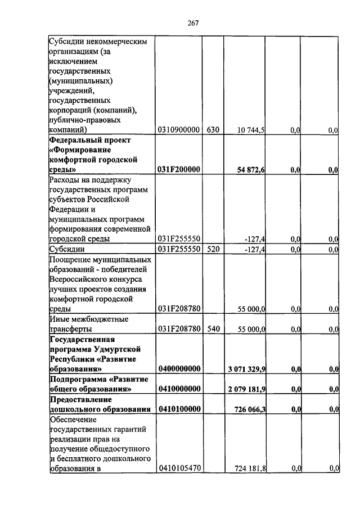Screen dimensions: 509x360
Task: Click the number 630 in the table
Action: (x=213, y=130)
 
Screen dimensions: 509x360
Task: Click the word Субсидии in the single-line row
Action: (x=67, y=249)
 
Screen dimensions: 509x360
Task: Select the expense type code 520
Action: (x=213, y=249)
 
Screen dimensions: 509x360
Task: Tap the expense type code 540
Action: (x=213, y=328)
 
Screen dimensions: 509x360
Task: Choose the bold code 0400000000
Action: (x=179, y=369)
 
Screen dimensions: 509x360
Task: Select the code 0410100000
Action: (x=179, y=409)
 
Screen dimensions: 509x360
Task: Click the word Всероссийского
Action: (x=78, y=280)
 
